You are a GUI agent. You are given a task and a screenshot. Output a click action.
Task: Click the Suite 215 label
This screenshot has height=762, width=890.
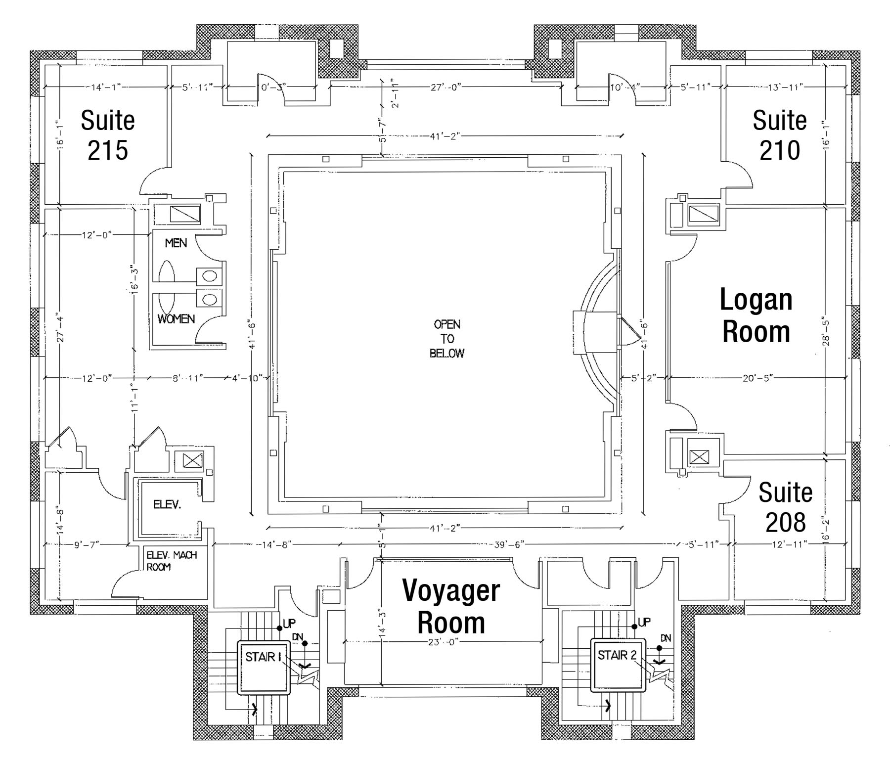tap(108, 135)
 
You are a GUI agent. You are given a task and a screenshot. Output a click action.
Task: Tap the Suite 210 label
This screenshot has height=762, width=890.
tap(779, 135)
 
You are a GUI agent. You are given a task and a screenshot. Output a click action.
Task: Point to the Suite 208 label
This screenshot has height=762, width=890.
tap(785, 507)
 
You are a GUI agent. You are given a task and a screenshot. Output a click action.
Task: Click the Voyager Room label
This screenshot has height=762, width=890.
tap(451, 606)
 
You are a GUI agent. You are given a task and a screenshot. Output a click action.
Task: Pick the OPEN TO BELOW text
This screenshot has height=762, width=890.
tap(447, 339)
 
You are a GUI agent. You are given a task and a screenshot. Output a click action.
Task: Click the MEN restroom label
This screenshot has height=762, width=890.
tap(176, 243)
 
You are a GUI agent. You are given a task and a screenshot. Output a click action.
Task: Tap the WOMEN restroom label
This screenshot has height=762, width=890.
tap(176, 319)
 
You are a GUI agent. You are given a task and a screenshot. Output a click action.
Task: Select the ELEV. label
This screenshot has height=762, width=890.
tap(167, 505)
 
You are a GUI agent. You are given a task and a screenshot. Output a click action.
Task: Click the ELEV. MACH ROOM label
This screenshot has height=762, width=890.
tap(171, 561)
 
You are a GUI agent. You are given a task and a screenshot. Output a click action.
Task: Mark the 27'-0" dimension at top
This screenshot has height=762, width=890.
tap(445, 87)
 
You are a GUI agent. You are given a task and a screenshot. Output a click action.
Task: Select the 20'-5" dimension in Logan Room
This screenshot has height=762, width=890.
tap(757, 378)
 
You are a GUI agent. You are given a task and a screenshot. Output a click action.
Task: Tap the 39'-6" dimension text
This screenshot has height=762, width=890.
tap(509, 544)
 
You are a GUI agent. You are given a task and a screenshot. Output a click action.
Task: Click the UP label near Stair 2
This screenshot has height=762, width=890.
tap(644, 622)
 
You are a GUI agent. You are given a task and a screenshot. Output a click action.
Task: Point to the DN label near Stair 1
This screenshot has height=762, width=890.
tap(298, 637)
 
